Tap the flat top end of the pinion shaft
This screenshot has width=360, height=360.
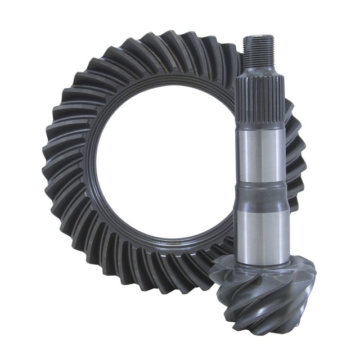(259, 37)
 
